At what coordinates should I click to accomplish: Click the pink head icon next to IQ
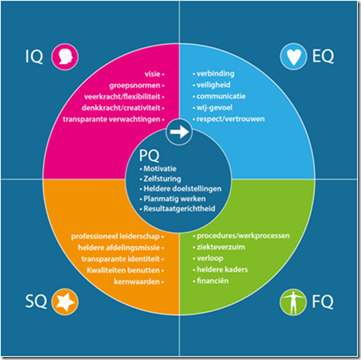coord(65,56)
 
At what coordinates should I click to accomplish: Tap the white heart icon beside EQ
coord(293,56)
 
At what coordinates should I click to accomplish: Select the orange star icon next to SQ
coord(65,302)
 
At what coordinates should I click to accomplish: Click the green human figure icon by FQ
coord(293,302)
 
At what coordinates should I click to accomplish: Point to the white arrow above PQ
coord(179,132)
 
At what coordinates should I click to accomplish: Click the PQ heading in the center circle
coord(149,155)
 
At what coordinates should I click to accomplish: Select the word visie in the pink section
coord(152,74)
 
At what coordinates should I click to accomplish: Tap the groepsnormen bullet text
coord(135,86)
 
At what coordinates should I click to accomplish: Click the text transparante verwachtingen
coord(111,119)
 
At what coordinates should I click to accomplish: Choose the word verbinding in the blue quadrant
coord(216,74)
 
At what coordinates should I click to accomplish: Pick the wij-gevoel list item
coord(214,107)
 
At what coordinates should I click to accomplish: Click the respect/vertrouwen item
coord(231,119)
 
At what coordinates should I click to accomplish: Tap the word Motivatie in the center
coord(160,169)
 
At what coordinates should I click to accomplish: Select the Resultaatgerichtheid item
coord(180,209)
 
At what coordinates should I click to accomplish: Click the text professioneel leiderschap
coord(115,237)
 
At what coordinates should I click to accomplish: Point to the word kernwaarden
coord(136,282)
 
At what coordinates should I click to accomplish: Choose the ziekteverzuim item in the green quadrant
coord(221,247)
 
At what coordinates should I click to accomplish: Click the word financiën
coord(212,281)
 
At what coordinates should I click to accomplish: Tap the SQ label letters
coord(36,301)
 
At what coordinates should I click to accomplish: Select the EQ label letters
coord(323,56)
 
